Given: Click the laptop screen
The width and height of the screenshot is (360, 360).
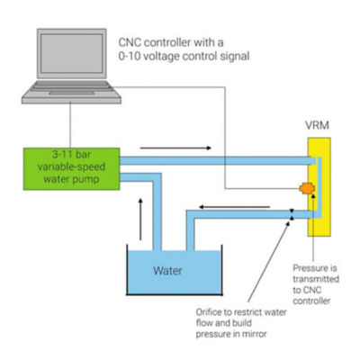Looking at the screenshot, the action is pyautogui.click(x=72, y=53).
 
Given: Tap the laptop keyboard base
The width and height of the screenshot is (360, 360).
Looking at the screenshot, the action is pyautogui.click(x=71, y=92).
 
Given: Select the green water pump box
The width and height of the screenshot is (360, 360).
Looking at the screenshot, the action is pyautogui.click(x=72, y=169).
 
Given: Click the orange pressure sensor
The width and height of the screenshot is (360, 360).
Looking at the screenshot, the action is pyautogui.click(x=307, y=188).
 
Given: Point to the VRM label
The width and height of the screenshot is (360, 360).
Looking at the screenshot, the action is pyautogui.click(x=317, y=125).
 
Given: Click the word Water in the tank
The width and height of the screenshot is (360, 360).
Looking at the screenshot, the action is pyautogui.click(x=167, y=271).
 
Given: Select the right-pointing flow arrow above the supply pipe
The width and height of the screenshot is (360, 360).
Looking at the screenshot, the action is pyautogui.click(x=175, y=148).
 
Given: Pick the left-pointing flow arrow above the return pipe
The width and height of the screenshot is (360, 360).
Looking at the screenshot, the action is pyautogui.click(x=235, y=207).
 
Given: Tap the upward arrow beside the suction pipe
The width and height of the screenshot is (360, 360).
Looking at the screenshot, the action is pyautogui.click(x=140, y=219).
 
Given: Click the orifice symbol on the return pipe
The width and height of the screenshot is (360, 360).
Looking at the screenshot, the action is pyautogui.click(x=292, y=214).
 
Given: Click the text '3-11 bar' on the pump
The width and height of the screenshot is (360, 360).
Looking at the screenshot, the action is pyautogui.click(x=71, y=155).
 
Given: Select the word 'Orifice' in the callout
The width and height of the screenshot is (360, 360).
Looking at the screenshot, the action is pyautogui.click(x=208, y=312).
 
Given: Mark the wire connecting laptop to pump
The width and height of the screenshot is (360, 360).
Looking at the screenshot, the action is pyautogui.click(x=70, y=126).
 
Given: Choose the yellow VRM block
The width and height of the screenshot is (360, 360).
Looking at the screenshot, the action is pyautogui.click(x=319, y=187).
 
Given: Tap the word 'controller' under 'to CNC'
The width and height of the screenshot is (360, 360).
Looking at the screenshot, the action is pyautogui.click(x=311, y=301).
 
